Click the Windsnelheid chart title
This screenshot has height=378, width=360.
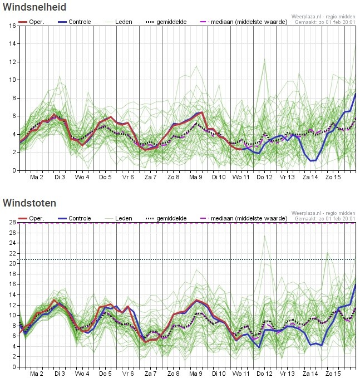pos(34,7)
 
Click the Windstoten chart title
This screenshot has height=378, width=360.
pos(29,203)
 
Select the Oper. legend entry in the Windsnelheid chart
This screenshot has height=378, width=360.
pos(31,22)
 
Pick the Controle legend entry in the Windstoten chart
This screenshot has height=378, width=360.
pos(75,218)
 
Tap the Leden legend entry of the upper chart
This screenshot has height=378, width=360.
pos(119,22)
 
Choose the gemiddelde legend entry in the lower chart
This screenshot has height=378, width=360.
pos(166,218)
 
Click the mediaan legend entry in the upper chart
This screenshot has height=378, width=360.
pos(244,22)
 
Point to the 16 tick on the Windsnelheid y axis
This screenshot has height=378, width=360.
pos(13,26)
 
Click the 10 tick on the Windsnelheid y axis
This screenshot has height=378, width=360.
pos(13,80)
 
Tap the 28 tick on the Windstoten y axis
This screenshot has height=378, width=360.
pos(13,222)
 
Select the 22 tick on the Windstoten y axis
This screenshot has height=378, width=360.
pos(13,253)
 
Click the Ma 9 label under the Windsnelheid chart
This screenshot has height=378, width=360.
pos(196,177)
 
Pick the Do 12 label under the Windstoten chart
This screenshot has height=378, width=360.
pos(264,374)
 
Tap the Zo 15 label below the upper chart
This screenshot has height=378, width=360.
pos(333,177)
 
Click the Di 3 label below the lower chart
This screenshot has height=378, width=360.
pos(60,374)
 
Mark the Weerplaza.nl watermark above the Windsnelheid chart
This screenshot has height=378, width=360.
pos(323,17)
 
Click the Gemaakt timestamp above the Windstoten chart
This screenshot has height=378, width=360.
pos(325,219)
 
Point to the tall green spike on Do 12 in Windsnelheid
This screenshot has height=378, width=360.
pos(265,59)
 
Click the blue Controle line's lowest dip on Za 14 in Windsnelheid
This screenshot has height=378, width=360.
pos(313,160)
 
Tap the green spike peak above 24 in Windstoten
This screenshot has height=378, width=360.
pos(265,236)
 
